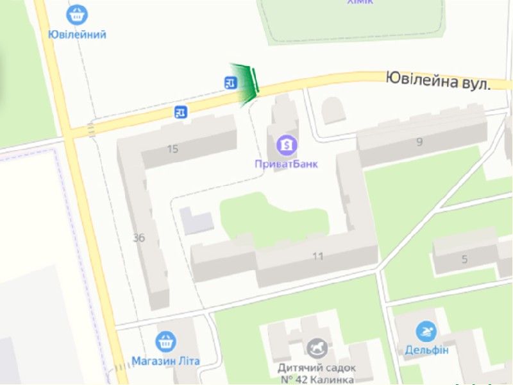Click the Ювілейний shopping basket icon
point(77,14)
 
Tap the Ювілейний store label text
point(77,34)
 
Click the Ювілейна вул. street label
point(438,81)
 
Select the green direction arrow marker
point(246,84)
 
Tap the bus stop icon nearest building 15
point(181,112)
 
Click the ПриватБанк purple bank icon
point(287,144)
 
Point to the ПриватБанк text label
point(286,164)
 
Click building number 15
point(172,149)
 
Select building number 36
point(139,238)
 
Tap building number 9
point(419,142)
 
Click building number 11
point(317,256)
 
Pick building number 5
point(465,259)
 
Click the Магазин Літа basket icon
point(165,341)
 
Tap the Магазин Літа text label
point(165,361)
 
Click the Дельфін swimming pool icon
point(426,332)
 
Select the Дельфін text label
point(426,350)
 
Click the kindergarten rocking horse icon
point(317,348)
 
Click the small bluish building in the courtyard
point(196,220)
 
